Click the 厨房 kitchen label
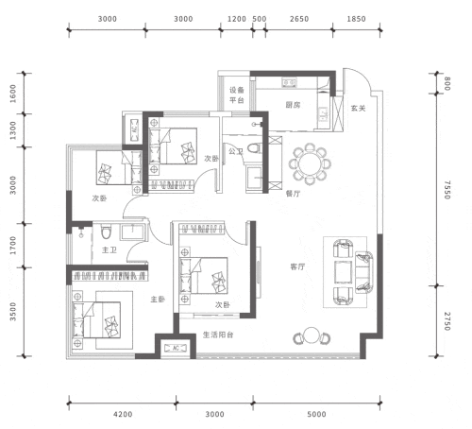coord(293,105)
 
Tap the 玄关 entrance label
coord(358,109)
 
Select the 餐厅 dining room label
coord(293,194)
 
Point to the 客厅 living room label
coord(297,266)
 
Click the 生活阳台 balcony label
coord(218,335)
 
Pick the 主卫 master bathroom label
coord(110,249)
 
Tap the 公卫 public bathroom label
coord(236,151)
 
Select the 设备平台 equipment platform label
coord(237,95)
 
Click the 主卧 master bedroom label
coord(158,299)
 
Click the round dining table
coord(310,163)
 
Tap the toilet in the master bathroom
coord(106,232)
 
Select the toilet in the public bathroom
coord(254,148)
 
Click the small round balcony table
coord(312,335)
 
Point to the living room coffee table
coord(343,272)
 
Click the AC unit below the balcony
coord(176,348)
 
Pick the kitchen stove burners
coord(289,82)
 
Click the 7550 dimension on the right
coord(447,190)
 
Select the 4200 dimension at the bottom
coord(123,414)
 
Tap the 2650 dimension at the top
coord(299,19)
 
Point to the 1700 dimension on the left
coord(13,246)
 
